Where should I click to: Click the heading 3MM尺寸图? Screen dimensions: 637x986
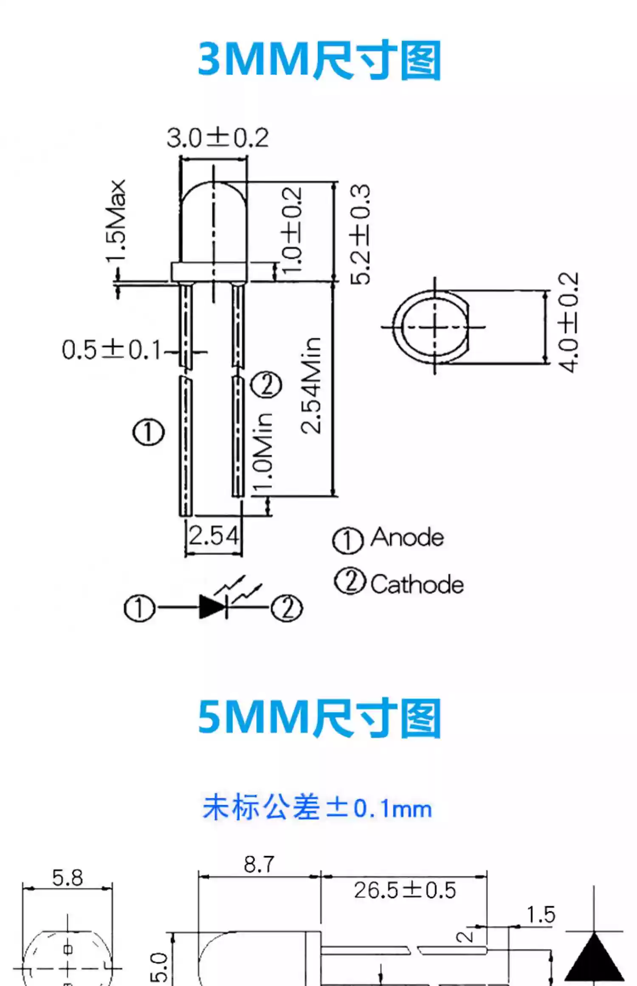[319, 60]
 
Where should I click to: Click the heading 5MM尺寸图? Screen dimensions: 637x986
[319, 718]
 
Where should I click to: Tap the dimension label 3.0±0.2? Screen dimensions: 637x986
[217, 138]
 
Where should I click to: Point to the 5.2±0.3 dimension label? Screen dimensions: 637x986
[360, 234]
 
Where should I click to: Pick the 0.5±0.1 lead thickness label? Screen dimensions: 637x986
[112, 350]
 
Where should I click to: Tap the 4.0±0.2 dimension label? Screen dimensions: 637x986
[568, 323]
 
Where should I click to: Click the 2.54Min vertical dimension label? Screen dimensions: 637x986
[311, 386]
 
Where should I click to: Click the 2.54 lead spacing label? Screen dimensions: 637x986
[214, 535]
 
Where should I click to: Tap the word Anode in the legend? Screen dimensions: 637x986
[407, 538]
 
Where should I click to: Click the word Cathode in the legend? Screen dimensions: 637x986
[417, 584]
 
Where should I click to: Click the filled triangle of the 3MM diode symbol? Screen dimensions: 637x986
[211, 607]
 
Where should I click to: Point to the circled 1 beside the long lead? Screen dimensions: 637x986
[149, 432]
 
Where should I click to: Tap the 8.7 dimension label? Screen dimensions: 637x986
[259, 865]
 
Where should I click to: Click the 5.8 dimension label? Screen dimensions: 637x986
[68, 878]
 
